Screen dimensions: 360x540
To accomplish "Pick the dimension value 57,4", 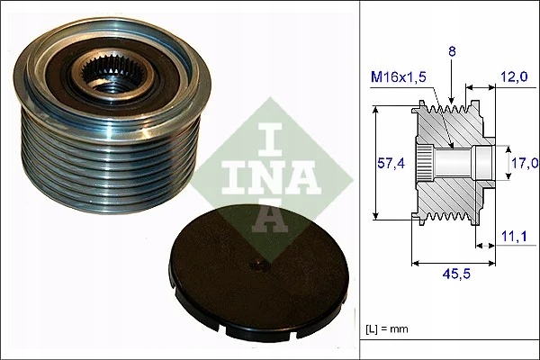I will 387,163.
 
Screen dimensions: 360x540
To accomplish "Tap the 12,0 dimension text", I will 515,78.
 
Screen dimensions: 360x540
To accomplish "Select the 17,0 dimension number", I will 524,163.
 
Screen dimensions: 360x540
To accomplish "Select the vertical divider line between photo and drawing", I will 361,180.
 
